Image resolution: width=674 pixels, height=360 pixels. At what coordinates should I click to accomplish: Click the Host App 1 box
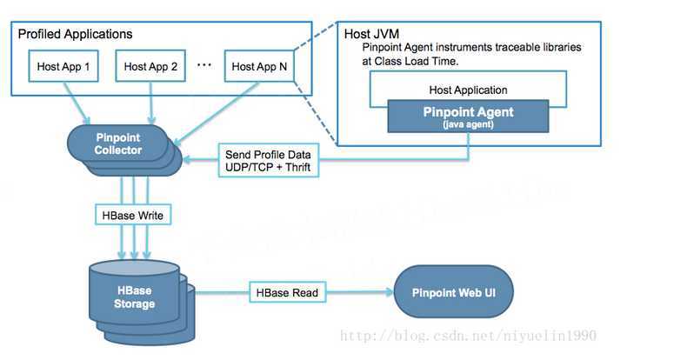(63, 66)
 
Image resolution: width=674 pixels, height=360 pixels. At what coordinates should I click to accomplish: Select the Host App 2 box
(150, 66)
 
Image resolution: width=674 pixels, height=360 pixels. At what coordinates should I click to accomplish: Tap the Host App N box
(259, 66)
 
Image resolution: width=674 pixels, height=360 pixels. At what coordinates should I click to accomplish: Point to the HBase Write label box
(131, 214)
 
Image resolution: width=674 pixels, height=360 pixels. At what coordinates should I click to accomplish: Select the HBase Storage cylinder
(134, 297)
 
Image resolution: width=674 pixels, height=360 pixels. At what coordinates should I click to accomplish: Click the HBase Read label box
(285, 293)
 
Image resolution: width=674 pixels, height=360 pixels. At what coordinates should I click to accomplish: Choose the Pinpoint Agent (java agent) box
(468, 116)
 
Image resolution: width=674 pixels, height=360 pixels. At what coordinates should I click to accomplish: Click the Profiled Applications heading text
(76, 34)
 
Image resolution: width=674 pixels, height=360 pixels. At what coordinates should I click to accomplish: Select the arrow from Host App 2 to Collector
(152, 102)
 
